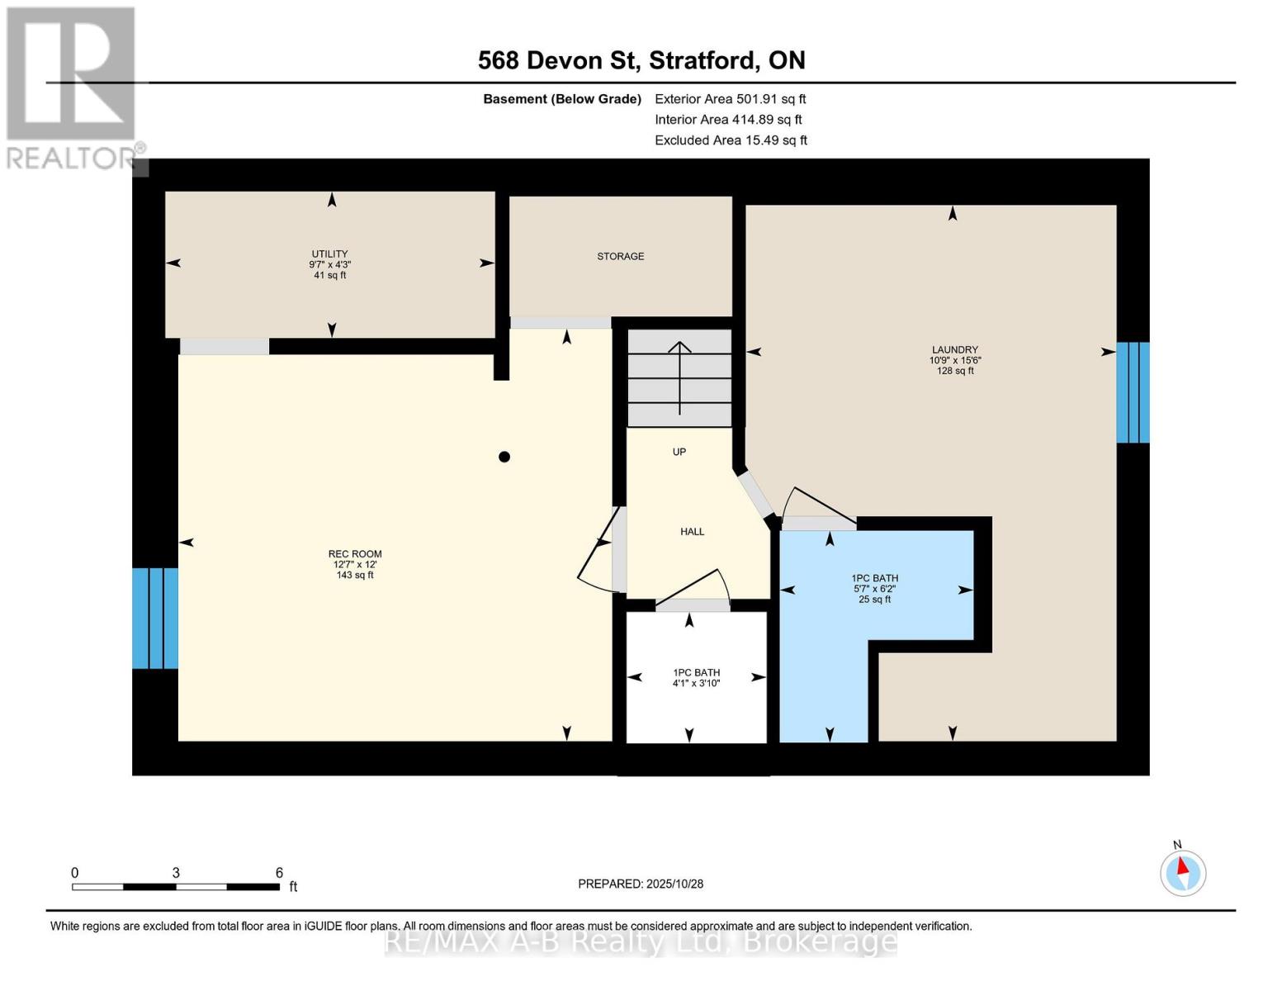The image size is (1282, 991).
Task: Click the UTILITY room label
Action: tap(329, 254)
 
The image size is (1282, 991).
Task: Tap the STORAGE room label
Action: tap(620, 257)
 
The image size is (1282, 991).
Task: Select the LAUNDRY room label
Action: tap(954, 350)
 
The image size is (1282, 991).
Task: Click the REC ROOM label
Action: tap(355, 554)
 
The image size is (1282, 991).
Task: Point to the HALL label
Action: tap(692, 532)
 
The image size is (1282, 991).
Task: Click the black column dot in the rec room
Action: tap(504, 457)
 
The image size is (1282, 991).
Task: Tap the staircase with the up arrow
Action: tap(679, 377)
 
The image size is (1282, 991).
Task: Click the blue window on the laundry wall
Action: tap(1133, 392)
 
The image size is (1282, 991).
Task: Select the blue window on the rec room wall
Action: tap(155, 618)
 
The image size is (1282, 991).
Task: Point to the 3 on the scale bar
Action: tap(176, 873)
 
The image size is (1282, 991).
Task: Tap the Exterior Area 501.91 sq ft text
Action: tap(730, 99)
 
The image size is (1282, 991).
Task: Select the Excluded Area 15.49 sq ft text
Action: tap(731, 140)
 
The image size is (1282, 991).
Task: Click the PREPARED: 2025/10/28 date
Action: tap(641, 884)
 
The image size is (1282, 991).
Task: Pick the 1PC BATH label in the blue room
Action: tap(875, 578)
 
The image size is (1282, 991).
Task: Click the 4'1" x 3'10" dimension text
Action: tap(696, 683)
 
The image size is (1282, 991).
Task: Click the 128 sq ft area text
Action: tap(954, 371)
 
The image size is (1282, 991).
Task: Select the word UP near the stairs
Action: tap(679, 452)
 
